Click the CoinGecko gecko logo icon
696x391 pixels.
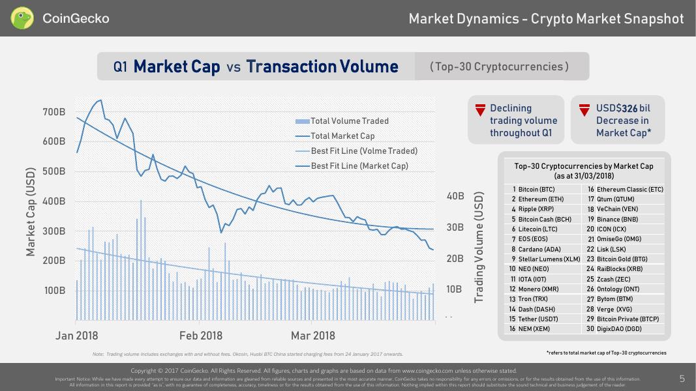(x=22, y=18)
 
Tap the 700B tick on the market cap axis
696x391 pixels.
(x=53, y=112)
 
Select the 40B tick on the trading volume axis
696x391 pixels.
(x=455, y=196)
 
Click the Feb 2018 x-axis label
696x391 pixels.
(x=201, y=336)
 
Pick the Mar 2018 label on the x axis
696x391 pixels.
(x=313, y=336)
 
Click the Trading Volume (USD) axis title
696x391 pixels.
(x=479, y=247)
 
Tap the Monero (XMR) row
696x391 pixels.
(x=540, y=289)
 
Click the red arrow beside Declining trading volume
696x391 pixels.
(x=480, y=110)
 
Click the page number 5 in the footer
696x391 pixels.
(x=682, y=378)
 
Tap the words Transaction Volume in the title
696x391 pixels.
(x=322, y=66)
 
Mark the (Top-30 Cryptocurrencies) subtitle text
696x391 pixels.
(x=499, y=66)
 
